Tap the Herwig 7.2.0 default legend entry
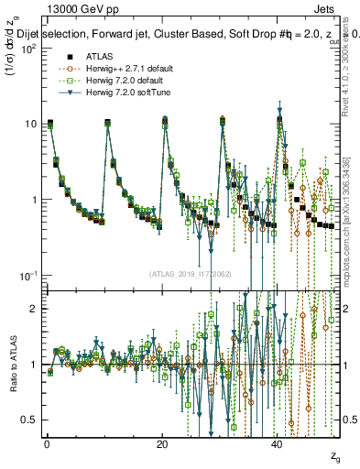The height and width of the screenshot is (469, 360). tap(109, 80)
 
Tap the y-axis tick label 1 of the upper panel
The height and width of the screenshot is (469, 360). tap(33, 200)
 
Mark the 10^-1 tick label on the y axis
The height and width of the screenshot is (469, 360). tap(27, 275)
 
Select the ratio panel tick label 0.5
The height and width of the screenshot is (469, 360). tap(29, 420)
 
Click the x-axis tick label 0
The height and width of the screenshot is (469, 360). tap(47, 444)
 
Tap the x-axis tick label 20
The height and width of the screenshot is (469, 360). tap(162, 444)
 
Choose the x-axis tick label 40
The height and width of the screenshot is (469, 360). tap(278, 444)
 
